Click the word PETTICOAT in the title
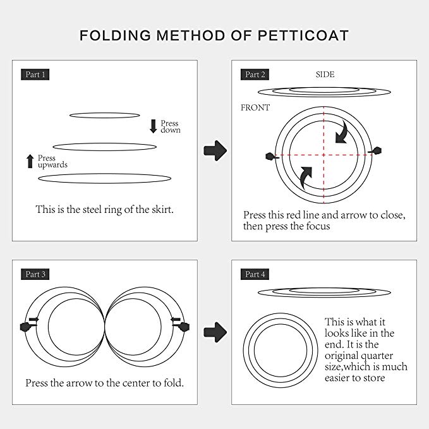303,35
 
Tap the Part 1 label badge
35,75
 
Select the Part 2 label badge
255,75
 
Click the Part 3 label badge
35,274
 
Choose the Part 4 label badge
255,274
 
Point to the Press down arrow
153,126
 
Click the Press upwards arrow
30,161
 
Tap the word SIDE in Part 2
325,75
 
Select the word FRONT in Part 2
255,107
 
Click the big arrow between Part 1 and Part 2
215,150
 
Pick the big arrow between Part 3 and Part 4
215,332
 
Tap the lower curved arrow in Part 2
305,178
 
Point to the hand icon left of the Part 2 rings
272,157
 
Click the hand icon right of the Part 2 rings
375,151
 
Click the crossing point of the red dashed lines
324,155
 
